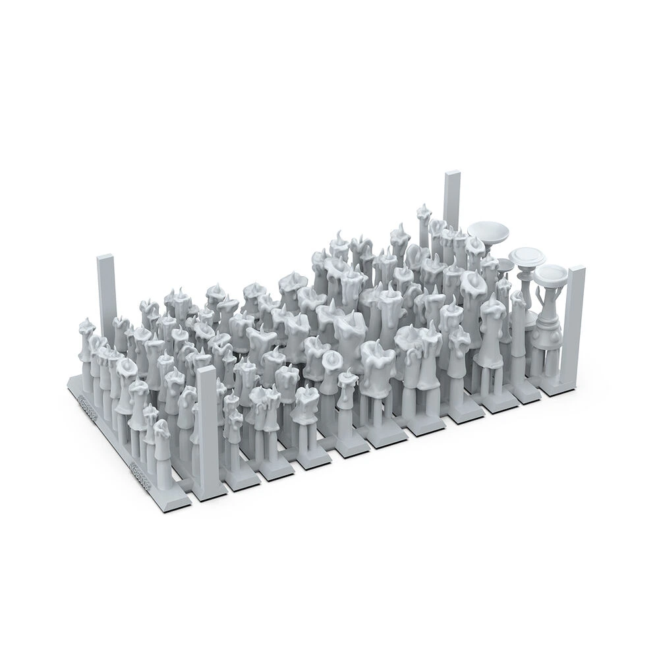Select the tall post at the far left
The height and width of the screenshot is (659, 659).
pyautogui.click(x=106, y=290)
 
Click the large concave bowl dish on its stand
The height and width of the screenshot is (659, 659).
pyautogui.click(x=488, y=231)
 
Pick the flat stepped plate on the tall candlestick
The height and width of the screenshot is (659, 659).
pyautogui.click(x=527, y=256)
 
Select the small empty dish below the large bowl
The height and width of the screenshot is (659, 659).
pyautogui.click(x=504, y=265)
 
